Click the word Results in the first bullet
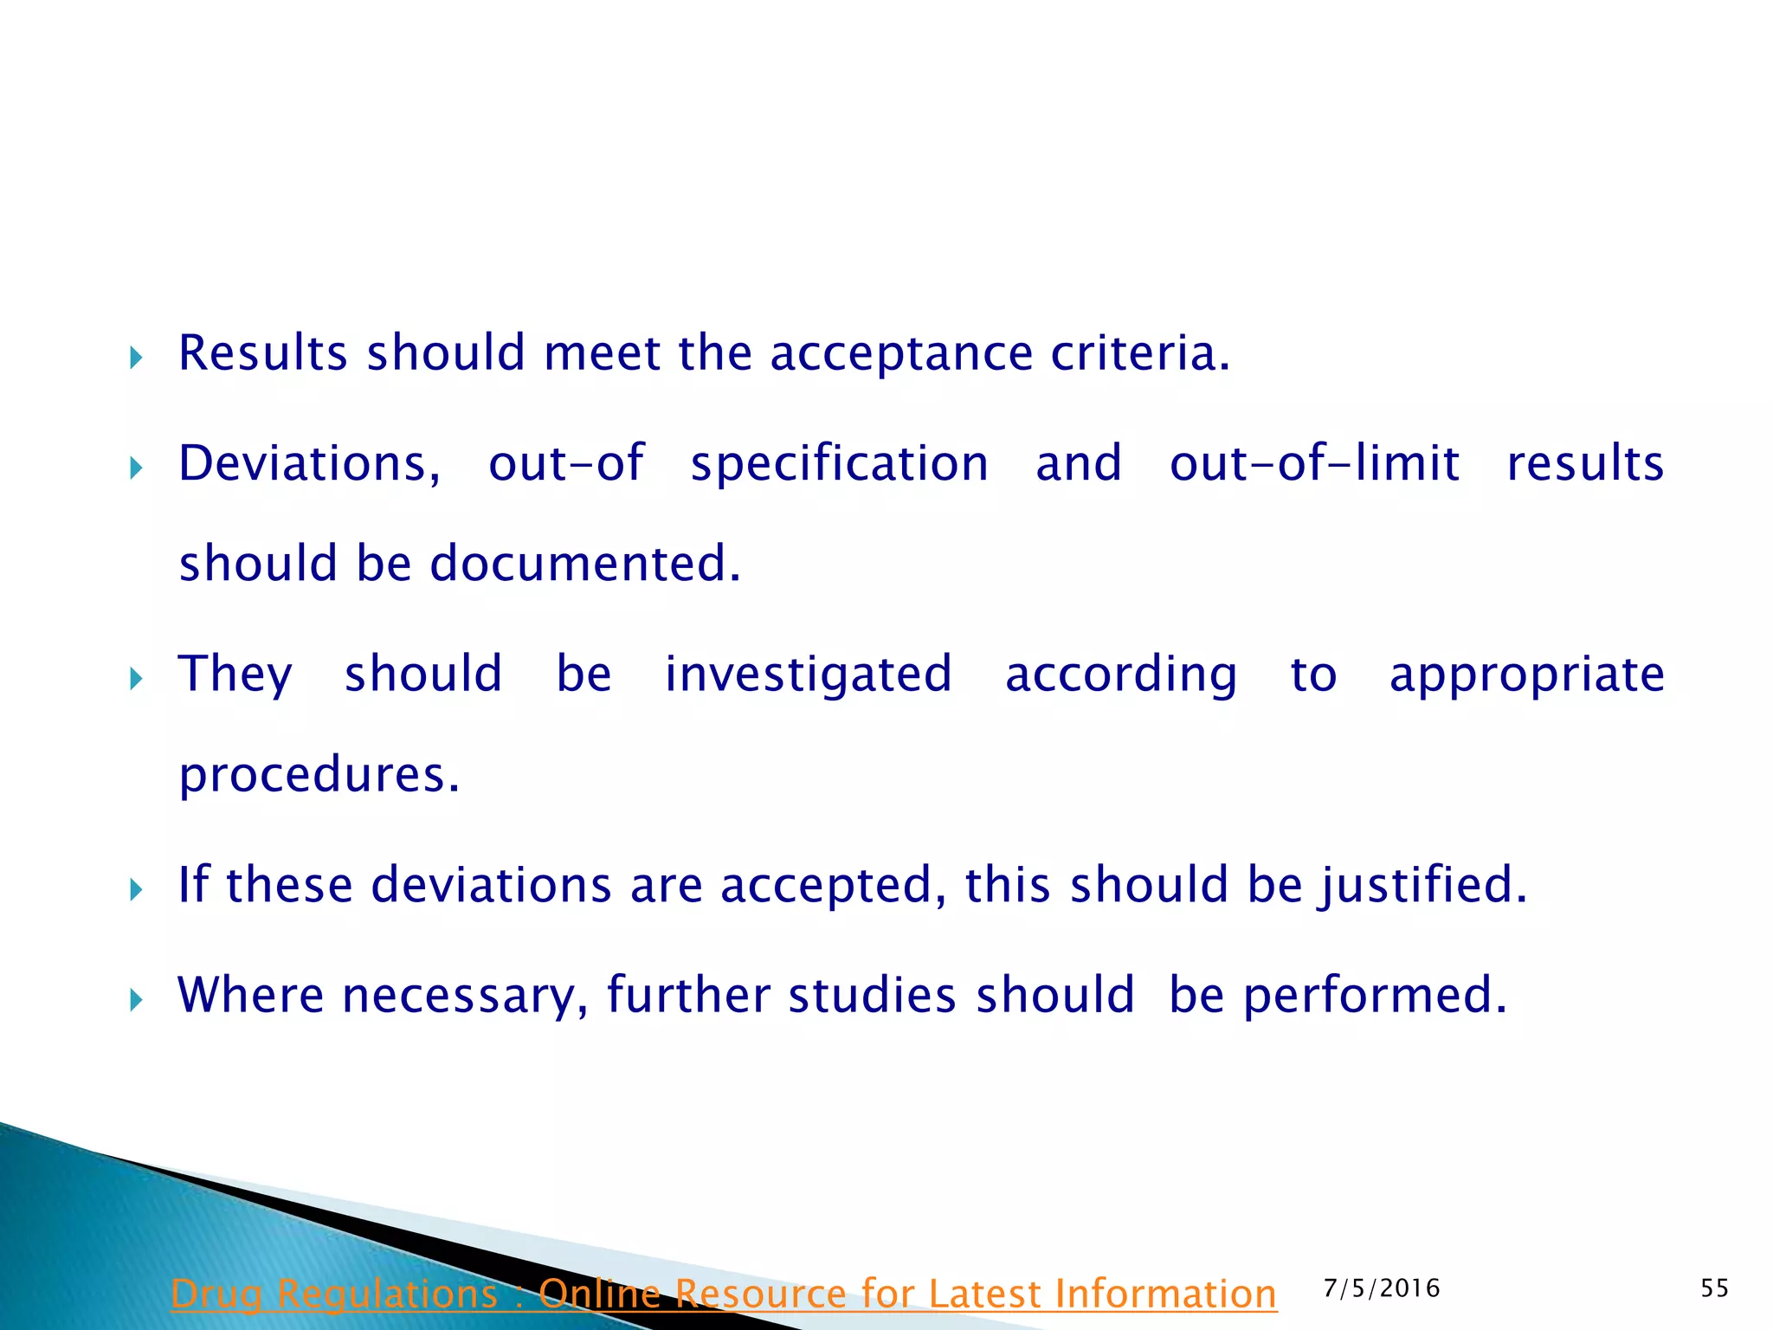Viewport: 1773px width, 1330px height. [x=262, y=353]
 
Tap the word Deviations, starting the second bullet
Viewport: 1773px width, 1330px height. [x=309, y=464]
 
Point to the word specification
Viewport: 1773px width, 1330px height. [x=839, y=464]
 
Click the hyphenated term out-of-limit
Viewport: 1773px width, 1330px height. [x=1314, y=464]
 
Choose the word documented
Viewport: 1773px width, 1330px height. [x=585, y=564]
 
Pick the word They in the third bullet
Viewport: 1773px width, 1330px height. [x=235, y=675]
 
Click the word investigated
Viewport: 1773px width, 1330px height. [x=808, y=675]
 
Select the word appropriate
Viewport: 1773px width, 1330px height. [x=1526, y=675]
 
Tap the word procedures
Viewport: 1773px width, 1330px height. [x=319, y=774]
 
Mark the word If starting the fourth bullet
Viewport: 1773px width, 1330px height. [x=193, y=885]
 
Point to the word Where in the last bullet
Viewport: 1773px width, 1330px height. [x=251, y=995]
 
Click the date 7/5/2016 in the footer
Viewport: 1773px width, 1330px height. [x=1382, y=1288]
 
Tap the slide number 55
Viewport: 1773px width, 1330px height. [x=1714, y=1288]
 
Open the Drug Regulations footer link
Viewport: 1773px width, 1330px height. [x=724, y=1294]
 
